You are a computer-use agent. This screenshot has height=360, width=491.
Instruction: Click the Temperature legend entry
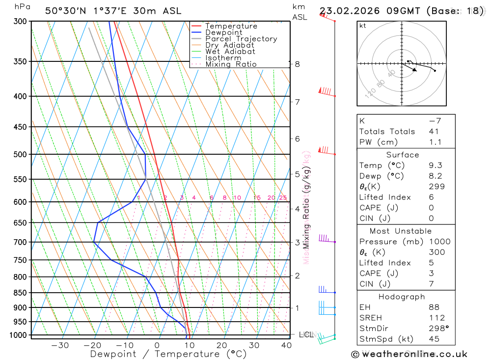[231, 26]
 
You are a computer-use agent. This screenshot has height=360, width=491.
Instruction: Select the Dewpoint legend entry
[223, 32]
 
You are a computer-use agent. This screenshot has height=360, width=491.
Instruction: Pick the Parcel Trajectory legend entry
[241, 39]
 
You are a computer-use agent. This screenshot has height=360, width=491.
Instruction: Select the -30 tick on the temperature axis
[60, 345]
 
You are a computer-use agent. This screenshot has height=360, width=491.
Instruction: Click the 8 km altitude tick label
[297, 64]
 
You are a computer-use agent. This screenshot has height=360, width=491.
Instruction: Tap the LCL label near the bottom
[306, 334]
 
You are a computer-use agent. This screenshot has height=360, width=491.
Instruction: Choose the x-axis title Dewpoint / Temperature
[168, 354]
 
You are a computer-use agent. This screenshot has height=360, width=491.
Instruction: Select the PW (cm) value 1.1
[435, 142]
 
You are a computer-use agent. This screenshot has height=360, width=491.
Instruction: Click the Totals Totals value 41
[434, 132]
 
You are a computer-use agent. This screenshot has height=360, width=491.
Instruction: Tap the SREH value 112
[436, 318]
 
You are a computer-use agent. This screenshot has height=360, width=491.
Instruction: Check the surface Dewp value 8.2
[435, 176]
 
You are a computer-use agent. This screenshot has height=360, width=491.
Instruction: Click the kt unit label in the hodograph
[363, 26]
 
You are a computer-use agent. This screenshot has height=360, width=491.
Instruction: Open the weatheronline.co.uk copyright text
[409, 354]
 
